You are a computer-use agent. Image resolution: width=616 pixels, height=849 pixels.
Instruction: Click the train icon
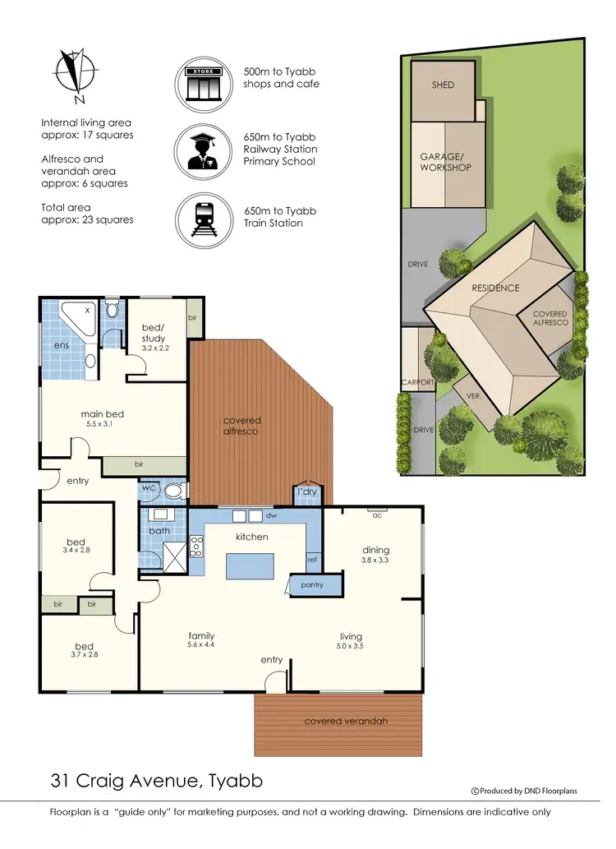pos(202,216)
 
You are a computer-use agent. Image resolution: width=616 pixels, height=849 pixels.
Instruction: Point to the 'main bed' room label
pos(102,414)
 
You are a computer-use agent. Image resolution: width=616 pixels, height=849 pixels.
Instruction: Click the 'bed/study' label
pos(154,333)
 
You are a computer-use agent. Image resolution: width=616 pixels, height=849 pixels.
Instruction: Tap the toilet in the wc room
pos(173,491)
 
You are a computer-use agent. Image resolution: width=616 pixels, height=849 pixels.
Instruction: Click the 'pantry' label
pos(312,585)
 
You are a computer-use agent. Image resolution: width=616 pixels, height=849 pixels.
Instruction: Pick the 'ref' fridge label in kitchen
pos(312,559)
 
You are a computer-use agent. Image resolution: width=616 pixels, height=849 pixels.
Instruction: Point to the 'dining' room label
pos(375,550)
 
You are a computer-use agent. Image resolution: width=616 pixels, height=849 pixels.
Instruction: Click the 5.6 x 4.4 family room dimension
pos(200,646)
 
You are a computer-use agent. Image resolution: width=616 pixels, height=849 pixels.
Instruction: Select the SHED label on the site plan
pos(443,85)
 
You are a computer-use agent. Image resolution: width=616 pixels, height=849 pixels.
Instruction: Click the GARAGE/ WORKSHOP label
pos(445,162)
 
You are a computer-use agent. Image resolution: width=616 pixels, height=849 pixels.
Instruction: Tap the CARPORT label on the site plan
pos(416,382)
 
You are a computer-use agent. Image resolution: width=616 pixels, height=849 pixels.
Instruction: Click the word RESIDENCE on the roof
pos(495,288)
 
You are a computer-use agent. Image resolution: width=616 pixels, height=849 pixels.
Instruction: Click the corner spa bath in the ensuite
pos(80,316)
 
